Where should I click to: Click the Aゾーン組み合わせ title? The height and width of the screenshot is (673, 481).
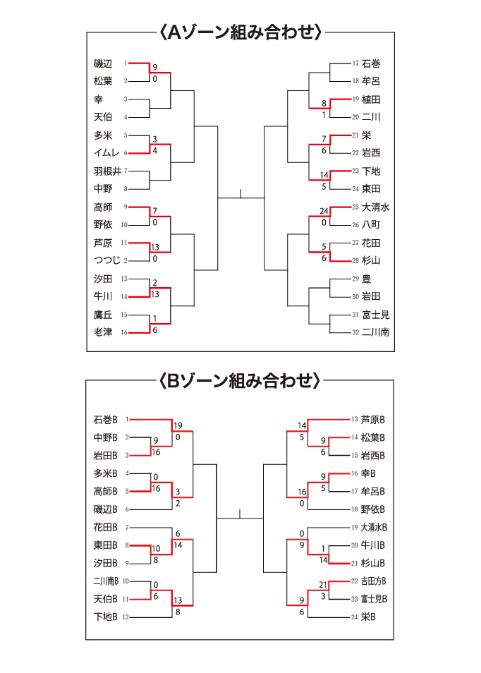pos(240,32)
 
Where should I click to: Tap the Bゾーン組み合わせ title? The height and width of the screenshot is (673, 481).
pos(240,382)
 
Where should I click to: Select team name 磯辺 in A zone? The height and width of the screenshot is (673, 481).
pos(103,63)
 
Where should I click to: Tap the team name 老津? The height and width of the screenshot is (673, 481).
pos(103,332)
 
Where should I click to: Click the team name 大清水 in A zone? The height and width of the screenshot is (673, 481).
pos(375,207)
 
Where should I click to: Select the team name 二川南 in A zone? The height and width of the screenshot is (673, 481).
pos(375,332)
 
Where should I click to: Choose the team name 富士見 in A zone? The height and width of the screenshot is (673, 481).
pos(375,315)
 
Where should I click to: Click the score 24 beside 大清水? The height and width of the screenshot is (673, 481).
pos(324,211)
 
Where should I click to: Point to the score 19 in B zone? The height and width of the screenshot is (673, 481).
pos(178,425)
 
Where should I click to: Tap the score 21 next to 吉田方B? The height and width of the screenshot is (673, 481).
pos(324,585)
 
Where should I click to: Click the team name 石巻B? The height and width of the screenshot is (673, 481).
pos(106,420)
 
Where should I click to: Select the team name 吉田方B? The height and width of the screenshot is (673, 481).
pos(374,581)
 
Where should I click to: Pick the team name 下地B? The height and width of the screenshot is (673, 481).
pos(106,617)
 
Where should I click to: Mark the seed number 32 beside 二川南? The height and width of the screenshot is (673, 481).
pos(355,332)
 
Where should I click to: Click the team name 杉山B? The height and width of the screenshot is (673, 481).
pos(374,563)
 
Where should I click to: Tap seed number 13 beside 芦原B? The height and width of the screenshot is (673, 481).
pos(355,420)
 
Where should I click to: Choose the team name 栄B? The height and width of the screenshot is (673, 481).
pos(368,617)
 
